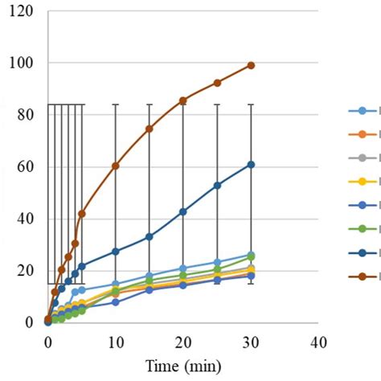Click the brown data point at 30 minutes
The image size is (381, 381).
click(251, 65)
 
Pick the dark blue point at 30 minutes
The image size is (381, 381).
click(251, 165)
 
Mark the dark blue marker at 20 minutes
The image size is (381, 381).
click(183, 211)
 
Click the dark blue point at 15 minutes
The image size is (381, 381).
click(150, 236)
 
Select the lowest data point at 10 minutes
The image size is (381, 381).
click(116, 302)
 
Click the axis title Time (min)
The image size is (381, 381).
click(182, 366)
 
